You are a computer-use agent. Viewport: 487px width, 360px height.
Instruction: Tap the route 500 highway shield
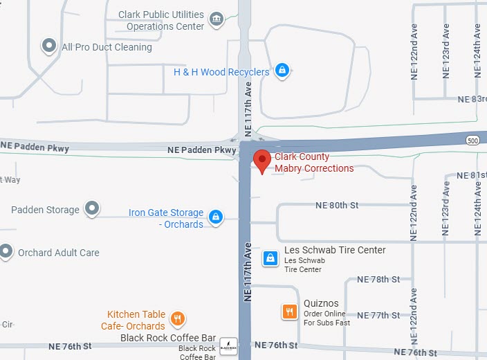[x=473, y=140]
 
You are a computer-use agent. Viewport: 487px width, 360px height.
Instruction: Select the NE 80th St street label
[x=337, y=206]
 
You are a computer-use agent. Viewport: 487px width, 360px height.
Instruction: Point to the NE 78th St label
[x=378, y=280]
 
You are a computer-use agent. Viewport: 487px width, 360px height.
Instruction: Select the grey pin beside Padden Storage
[x=91, y=208]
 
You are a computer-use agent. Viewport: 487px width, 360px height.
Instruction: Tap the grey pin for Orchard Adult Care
[x=6, y=252]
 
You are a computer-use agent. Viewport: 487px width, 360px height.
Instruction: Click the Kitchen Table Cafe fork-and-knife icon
[x=178, y=319]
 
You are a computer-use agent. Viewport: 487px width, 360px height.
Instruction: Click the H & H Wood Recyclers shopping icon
[x=281, y=70]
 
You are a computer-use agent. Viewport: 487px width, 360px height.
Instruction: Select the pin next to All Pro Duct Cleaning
[x=49, y=46]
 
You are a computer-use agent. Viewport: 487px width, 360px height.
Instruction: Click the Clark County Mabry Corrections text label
[x=314, y=163]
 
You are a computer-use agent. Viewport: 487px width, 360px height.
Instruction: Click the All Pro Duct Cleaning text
[x=107, y=47]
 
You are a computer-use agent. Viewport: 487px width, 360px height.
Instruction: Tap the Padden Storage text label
[x=46, y=210]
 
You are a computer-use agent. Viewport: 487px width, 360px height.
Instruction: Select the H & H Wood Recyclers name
[x=221, y=72]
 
